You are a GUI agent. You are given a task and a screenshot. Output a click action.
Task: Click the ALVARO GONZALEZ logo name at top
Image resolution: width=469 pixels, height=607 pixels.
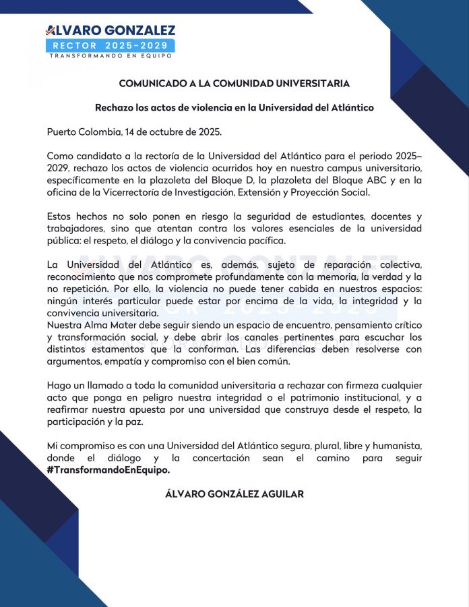(x=110, y=30)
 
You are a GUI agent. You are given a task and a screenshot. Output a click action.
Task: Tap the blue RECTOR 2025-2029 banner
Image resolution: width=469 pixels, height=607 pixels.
(x=110, y=45)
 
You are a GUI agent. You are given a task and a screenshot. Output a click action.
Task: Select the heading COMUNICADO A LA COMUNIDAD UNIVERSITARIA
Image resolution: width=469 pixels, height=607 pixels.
(x=234, y=84)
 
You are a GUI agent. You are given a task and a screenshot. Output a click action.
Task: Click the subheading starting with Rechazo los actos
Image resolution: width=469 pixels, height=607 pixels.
(x=234, y=107)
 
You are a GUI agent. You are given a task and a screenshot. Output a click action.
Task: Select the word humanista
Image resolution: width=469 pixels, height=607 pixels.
(x=398, y=446)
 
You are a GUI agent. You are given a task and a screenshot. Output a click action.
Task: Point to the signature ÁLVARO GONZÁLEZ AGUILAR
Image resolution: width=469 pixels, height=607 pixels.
(x=234, y=494)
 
